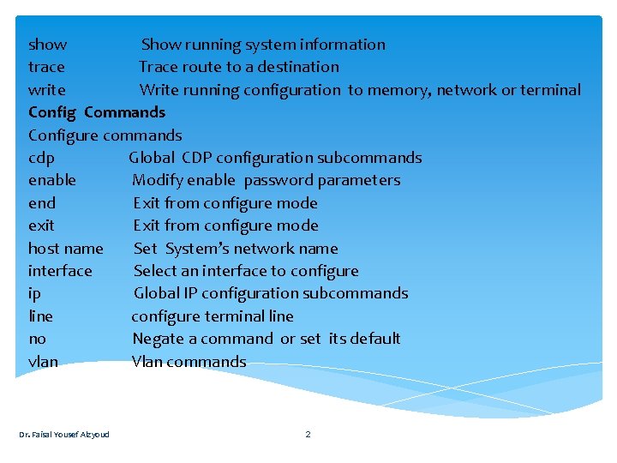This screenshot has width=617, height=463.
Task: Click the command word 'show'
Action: pyautogui.click(x=48, y=45)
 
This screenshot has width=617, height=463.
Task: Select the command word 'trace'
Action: pyautogui.click(x=46, y=67)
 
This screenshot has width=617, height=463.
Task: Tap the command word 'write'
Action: pyautogui.click(x=47, y=90)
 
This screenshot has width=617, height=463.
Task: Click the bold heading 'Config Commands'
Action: pyautogui.click(x=97, y=112)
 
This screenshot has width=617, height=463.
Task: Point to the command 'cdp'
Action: pyautogui.click(x=41, y=158)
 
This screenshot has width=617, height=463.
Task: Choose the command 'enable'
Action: pyautogui.click(x=52, y=180)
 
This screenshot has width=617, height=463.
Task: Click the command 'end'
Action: pyautogui.click(x=42, y=203)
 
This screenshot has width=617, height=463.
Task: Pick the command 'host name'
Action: pyautogui.click(x=66, y=249)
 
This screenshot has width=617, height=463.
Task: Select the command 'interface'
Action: pyautogui.click(x=60, y=271)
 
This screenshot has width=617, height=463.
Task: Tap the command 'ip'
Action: pyautogui.click(x=34, y=293)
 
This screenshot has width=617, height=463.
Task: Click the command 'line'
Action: pyautogui.click(x=40, y=316)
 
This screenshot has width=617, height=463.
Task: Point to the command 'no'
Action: pyautogui.click(x=38, y=339)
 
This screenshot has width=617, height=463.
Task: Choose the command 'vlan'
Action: pyautogui.click(x=44, y=362)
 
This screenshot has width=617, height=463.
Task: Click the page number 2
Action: pyautogui.click(x=308, y=434)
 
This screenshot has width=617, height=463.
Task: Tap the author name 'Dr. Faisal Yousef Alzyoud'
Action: pyautogui.click(x=64, y=434)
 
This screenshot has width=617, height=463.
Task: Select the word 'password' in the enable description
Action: pyautogui.click(x=279, y=180)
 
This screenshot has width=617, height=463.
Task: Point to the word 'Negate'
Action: pyautogui.click(x=159, y=339)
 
